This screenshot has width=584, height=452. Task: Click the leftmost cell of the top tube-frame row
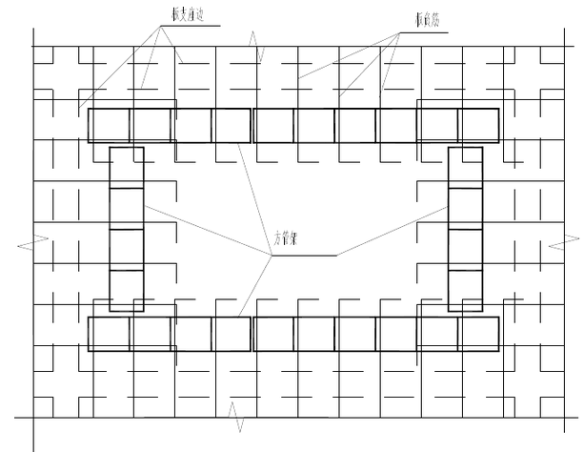[x=109, y=125]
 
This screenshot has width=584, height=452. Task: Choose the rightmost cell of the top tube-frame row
[x=478, y=125]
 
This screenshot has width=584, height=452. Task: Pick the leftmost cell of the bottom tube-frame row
[x=109, y=333]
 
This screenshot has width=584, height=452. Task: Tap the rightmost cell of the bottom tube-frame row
[x=478, y=333]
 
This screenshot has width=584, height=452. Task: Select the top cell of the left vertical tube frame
[x=127, y=168]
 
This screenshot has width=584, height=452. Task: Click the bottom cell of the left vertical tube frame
[x=127, y=291]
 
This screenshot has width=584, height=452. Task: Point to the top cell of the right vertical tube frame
[x=465, y=168]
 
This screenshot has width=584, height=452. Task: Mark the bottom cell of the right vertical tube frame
[x=465, y=291]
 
